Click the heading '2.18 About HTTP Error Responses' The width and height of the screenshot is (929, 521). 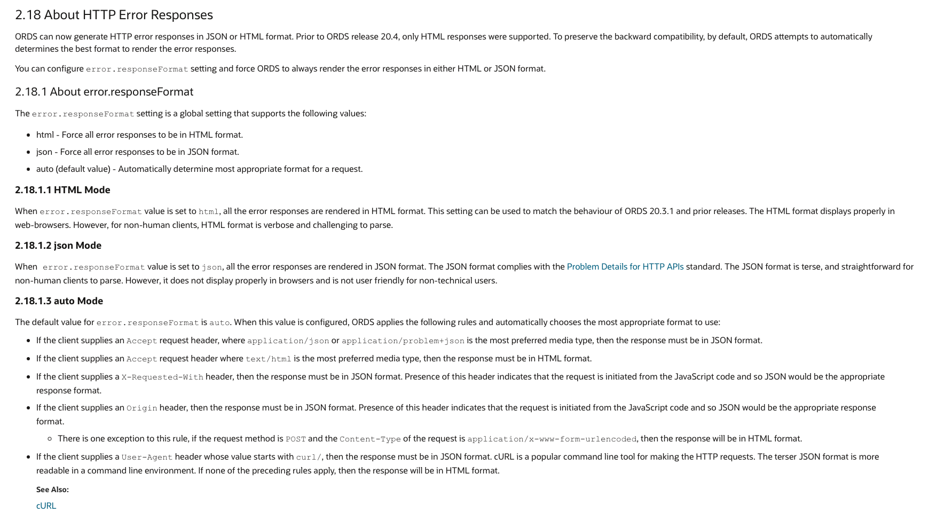pyautogui.click(x=114, y=15)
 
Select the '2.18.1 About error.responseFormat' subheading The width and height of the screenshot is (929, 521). pyautogui.click(x=104, y=92)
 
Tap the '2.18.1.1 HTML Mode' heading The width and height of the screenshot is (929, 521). pyautogui.click(x=62, y=190)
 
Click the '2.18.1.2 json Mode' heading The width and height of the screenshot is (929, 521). pyautogui.click(x=58, y=246)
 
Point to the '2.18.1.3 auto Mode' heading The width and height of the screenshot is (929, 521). pyautogui.click(x=59, y=301)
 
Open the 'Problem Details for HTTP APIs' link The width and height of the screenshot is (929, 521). pyautogui.click(x=625, y=267)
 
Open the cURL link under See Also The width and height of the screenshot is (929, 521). pyautogui.click(x=46, y=506)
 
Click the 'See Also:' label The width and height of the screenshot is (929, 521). pyautogui.click(x=52, y=490)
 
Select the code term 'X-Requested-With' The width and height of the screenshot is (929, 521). pyautogui.click(x=162, y=377)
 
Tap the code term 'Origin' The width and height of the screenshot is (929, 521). pyautogui.click(x=141, y=408)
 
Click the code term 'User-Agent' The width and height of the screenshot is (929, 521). pyautogui.click(x=147, y=457)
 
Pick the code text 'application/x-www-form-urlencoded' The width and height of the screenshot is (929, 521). pyautogui.click(x=552, y=439)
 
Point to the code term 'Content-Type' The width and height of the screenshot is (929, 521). pyautogui.click(x=370, y=439)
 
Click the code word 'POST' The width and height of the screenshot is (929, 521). pyautogui.click(x=296, y=439)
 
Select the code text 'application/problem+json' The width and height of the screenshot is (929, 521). pyautogui.click(x=403, y=341)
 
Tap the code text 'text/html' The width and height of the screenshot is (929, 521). pyautogui.click(x=268, y=359)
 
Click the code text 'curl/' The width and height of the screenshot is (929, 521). pyautogui.click(x=309, y=457)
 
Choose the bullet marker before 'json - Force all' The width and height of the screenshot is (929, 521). pyautogui.click(x=28, y=152)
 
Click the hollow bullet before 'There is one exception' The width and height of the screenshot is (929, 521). pyautogui.click(x=50, y=439)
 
